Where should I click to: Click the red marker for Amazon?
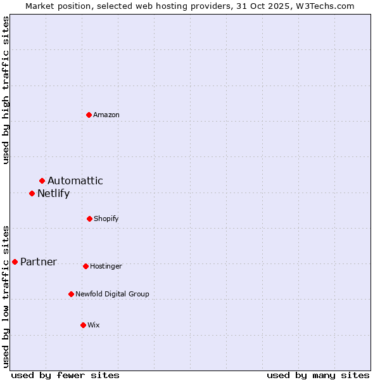click(x=89, y=115)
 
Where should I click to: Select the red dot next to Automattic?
click(x=42, y=181)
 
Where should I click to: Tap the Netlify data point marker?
click(x=32, y=193)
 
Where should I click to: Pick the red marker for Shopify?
click(x=90, y=218)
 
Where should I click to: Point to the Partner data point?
click(x=15, y=262)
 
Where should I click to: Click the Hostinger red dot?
click(x=86, y=266)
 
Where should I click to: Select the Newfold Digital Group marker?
click(x=72, y=294)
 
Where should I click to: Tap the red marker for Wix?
click(x=83, y=325)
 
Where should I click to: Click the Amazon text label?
click(x=106, y=115)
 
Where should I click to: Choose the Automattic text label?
click(x=75, y=181)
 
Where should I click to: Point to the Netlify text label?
click(x=53, y=194)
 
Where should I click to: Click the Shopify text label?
click(x=106, y=218)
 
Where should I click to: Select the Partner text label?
click(x=39, y=262)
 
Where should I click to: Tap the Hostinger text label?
click(x=106, y=266)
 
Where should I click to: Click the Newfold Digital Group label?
click(x=113, y=294)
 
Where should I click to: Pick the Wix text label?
click(x=94, y=325)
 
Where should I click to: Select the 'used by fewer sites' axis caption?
click(x=65, y=375)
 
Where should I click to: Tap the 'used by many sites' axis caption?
click(x=318, y=375)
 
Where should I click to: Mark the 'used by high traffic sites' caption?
click(x=6, y=90)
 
